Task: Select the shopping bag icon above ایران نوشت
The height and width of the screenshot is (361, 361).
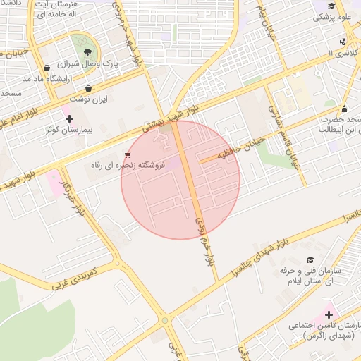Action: (88, 89)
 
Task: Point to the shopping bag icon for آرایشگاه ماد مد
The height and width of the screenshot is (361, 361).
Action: (47, 68)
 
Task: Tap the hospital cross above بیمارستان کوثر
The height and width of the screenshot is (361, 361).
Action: (68, 118)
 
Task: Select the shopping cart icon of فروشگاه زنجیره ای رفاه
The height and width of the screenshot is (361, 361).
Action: (127, 154)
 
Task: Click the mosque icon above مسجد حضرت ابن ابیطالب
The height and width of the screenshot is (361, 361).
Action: (344, 109)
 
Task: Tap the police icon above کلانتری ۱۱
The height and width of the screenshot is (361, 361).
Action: (342, 42)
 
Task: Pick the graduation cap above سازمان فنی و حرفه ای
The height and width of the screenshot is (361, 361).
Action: (310, 260)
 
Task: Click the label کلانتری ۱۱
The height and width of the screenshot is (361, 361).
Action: (341, 53)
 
